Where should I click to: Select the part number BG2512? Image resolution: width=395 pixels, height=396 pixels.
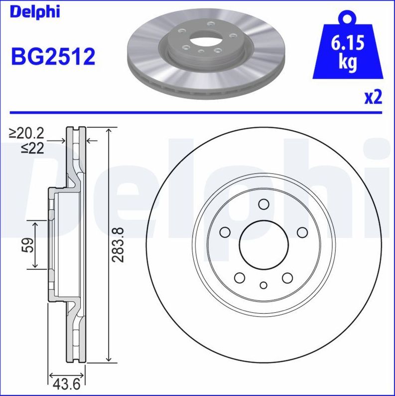[x=53, y=57]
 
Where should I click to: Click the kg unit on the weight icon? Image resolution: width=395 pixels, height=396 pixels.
[x=347, y=63]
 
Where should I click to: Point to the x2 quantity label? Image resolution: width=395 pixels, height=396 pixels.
[x=373, y=97]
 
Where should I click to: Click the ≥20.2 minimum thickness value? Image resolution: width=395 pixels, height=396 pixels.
[x=27, y=133]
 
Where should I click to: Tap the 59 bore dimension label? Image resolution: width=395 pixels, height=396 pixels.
[x=28, y=245]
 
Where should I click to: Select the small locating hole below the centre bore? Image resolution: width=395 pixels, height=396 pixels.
[x=263, y=285]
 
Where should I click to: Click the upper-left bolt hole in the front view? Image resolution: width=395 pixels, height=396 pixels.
[x=225, y=232]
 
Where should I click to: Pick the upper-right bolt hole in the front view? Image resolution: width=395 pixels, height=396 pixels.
[x=302, y=232]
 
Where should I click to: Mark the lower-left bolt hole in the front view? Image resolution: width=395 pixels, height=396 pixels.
[x=240, y=278]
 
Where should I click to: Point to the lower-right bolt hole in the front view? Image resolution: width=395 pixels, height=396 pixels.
[x=287, y=278]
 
